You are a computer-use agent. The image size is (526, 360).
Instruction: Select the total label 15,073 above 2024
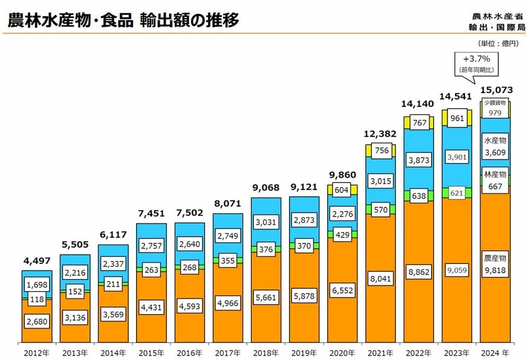click(496, 90)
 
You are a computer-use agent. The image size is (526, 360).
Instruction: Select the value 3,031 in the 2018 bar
click(267, 222)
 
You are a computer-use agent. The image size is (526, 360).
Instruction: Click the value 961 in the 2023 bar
click(458, 118)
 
